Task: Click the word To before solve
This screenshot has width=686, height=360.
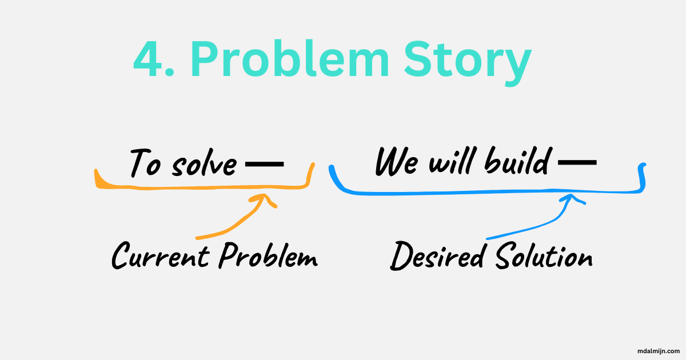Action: pyautogui.click(x=143, y=163)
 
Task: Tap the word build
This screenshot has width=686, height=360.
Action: pyautogui.click(x=517, y=161)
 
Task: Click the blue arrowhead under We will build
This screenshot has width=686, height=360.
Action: pyautogui.click(x=571, y=199)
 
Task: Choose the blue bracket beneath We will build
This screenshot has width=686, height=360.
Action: pyautogui.click(x=486, y=193)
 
